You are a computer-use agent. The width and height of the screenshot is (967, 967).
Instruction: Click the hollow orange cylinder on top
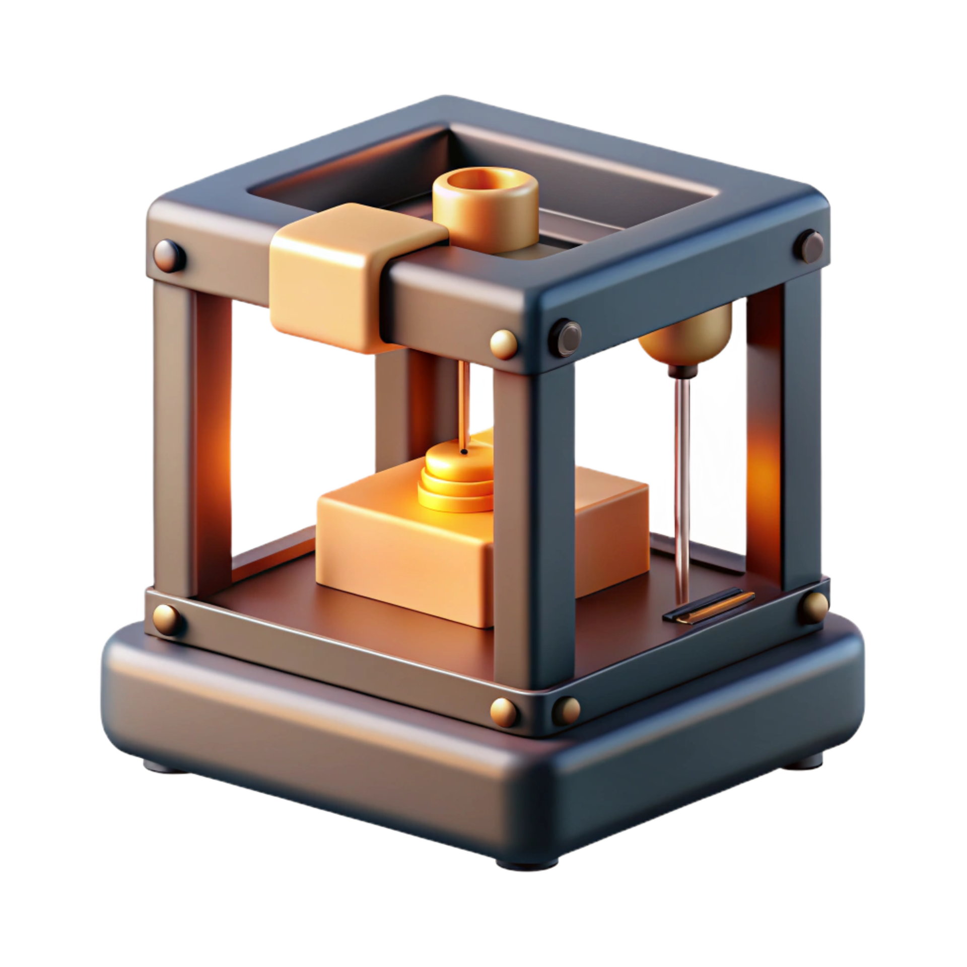click(x=485, y=212)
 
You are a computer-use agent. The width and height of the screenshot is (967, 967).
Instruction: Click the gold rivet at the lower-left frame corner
click(x=167, y=618)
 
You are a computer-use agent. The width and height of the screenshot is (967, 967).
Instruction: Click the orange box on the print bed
click(x=403, y=554)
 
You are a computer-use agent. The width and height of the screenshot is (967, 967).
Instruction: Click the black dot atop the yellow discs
click(x=463, y=452)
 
